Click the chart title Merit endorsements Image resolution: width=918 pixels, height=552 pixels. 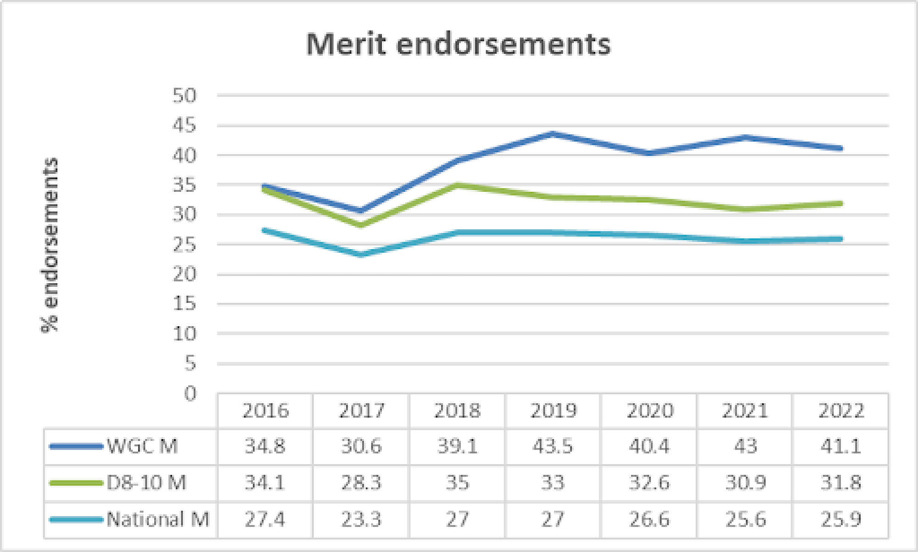coord(458,45)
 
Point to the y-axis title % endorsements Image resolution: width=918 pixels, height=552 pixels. coord(50,245)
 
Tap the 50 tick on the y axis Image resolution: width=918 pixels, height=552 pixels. coord(185,95)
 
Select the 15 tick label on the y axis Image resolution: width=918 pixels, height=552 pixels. coord(185,304)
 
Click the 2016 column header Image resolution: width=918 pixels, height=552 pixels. coord(265,411)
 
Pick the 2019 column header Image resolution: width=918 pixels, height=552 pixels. coord(553,411)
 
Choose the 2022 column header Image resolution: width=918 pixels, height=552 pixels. coord(841,411)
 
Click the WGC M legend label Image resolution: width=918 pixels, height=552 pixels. coord(142,446)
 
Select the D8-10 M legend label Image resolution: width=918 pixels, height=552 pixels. coord(146,483)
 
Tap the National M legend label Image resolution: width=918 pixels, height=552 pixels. coord(158,519)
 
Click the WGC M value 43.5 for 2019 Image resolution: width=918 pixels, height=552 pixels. coord(553,446)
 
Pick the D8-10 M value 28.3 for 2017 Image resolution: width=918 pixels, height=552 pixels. coord(361,483)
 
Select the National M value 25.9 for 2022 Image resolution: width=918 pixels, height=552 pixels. coord(841,519)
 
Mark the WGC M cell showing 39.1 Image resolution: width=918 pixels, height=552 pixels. coord(457,446)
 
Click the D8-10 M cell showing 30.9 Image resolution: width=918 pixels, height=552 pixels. coord(745,483)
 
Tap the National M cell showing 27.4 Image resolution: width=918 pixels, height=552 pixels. coord(265,519)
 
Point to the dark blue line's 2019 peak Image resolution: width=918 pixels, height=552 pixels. coord(553,134)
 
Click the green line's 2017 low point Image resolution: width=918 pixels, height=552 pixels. coord(361,225)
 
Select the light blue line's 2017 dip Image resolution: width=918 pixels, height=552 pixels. coord(361,254)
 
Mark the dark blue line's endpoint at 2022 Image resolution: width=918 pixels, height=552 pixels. coord(841,148)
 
